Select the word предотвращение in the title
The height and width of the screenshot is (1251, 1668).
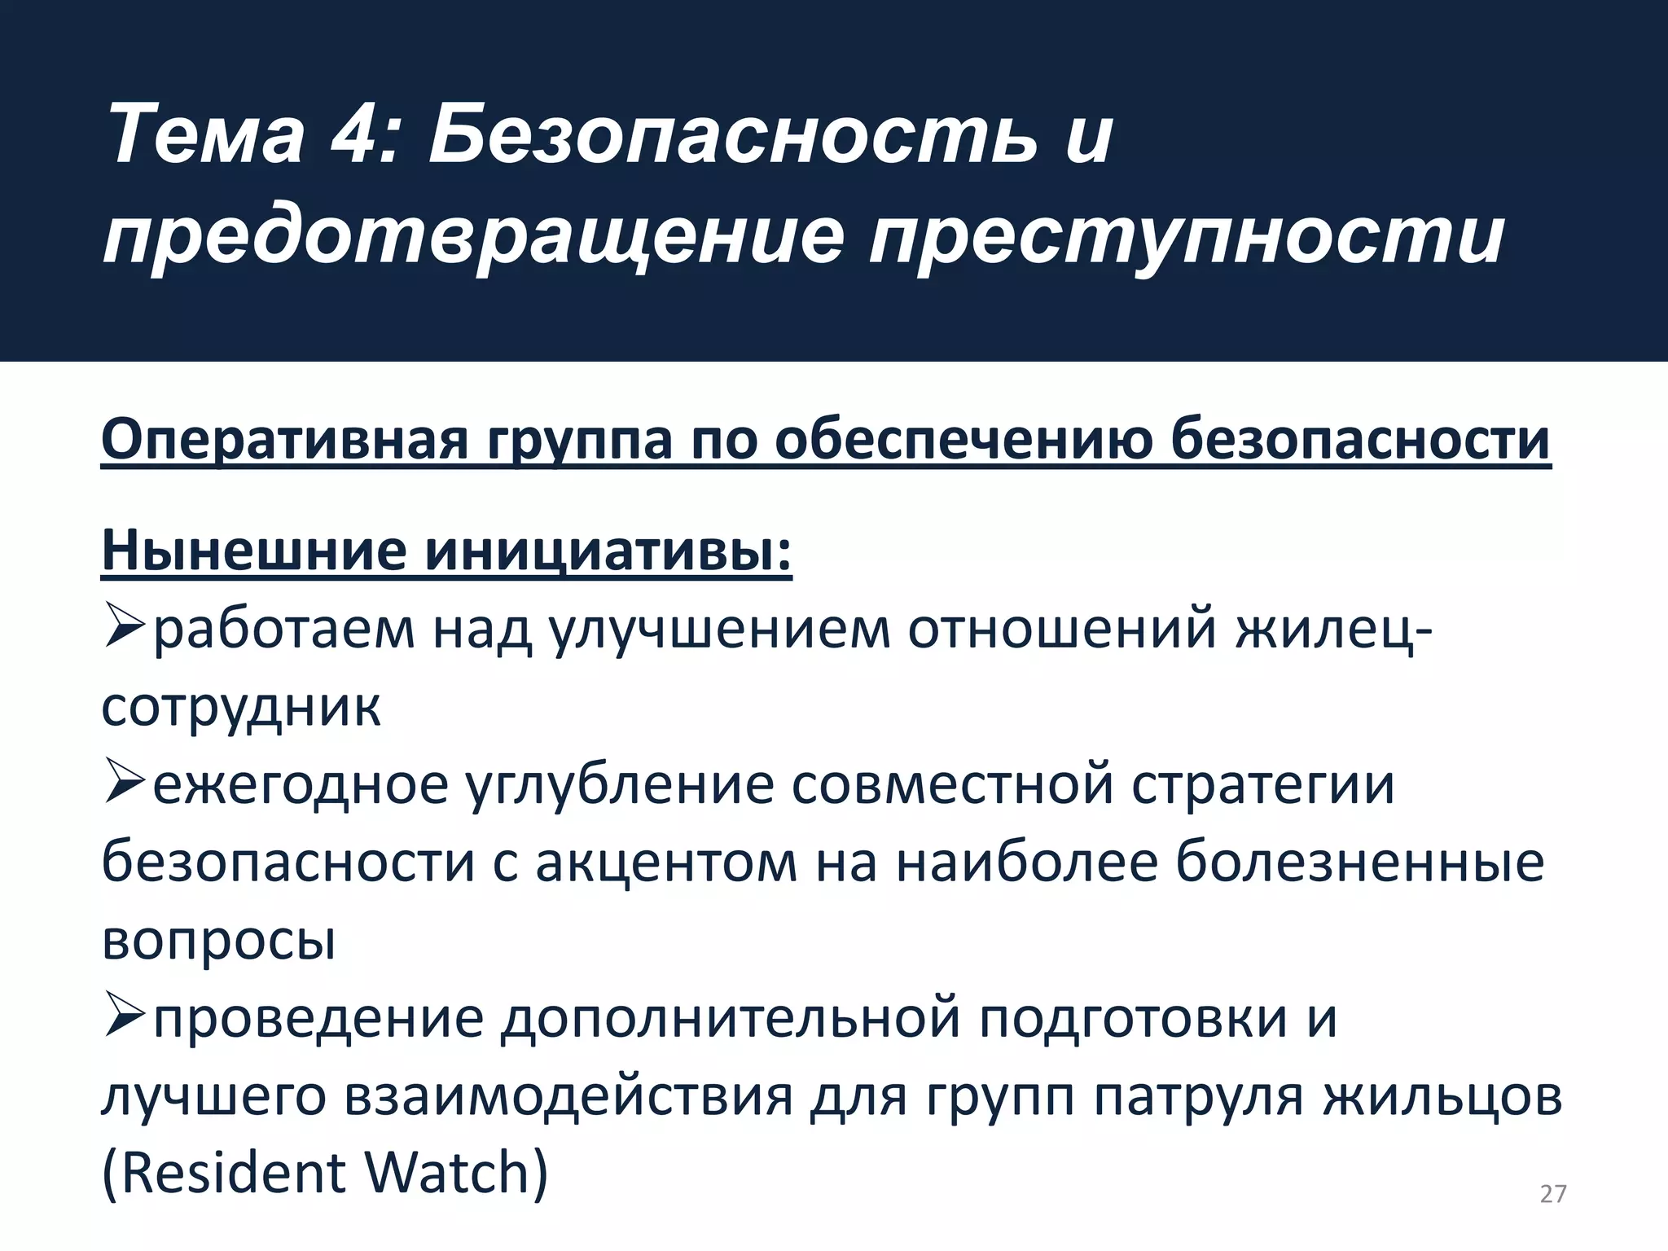pos(472,238)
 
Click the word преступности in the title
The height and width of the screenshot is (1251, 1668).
pos(1186,238)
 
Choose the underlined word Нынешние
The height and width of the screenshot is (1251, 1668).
pos(253,551)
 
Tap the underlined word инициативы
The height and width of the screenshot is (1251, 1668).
pos(607,551)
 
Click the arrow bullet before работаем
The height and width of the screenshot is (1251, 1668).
pos(124,630)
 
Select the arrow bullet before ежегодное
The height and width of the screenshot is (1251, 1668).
pos(124,784)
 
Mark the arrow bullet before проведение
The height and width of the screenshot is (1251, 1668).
pos(124,1017)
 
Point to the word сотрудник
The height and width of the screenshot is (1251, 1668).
pos(241,707)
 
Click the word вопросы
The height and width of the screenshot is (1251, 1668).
pos(219,941)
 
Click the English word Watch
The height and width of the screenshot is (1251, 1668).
pos(456,1173)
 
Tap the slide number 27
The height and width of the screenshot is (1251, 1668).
pos(1553,1194)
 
